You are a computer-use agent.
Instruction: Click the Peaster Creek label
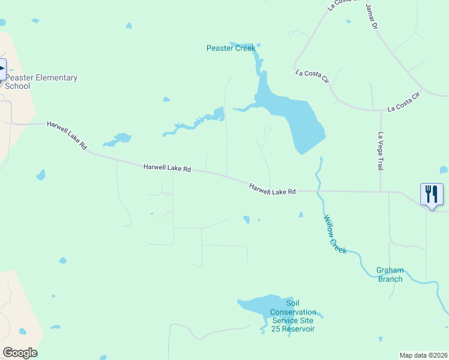231,48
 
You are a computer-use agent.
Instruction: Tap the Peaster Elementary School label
41,82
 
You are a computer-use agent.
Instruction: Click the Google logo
20,353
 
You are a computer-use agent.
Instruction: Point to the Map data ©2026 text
423,355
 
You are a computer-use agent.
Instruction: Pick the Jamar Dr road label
372,17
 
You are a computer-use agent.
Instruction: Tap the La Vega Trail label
380,153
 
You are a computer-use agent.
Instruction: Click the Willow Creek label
335,234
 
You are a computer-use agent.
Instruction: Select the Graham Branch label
390,274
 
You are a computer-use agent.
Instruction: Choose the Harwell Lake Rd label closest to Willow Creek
273,189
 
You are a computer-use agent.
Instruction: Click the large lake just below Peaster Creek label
294,117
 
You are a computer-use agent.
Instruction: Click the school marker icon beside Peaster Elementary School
2,68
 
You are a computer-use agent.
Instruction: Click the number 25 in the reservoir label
274,329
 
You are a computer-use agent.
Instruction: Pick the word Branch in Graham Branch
390,279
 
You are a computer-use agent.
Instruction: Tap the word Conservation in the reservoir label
292,312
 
